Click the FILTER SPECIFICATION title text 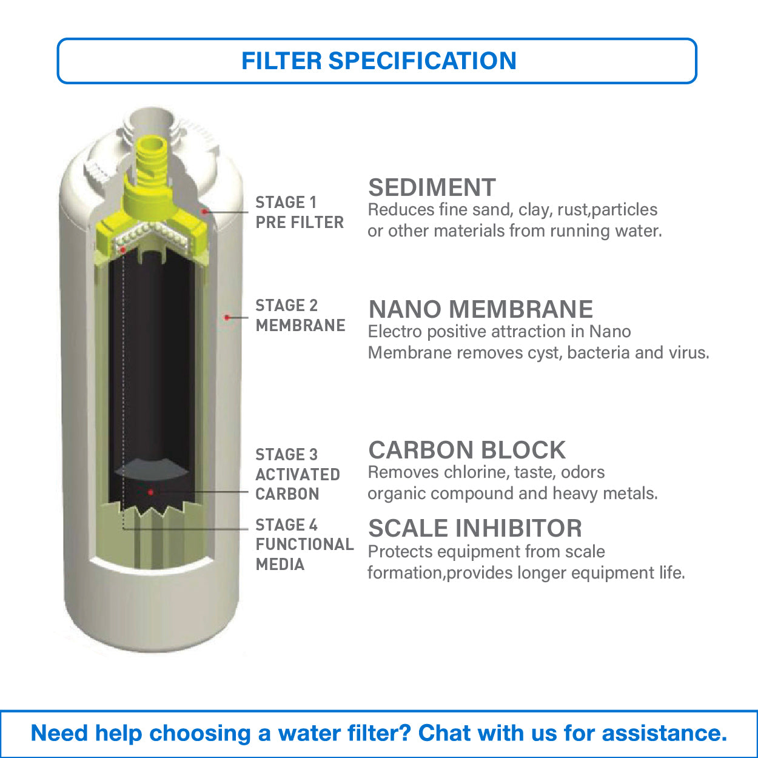[x=378, y=61]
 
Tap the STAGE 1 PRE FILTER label [x=299, y=212]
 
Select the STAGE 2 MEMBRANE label [x=300, y=315]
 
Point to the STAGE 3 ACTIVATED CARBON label [x=297, y=474]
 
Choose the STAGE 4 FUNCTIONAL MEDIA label [x=304, y=545]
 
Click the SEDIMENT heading [x=432, y=188]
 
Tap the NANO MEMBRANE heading [x=480, y=309]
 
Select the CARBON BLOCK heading [x=467, y=451]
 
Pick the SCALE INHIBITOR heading [x=475, y=529]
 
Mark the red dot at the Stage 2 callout [x=227, y=317]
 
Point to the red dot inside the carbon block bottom [x=150, y=492]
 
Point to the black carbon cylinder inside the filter [x=152, y=364]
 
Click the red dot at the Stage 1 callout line [x=205, y=212]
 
